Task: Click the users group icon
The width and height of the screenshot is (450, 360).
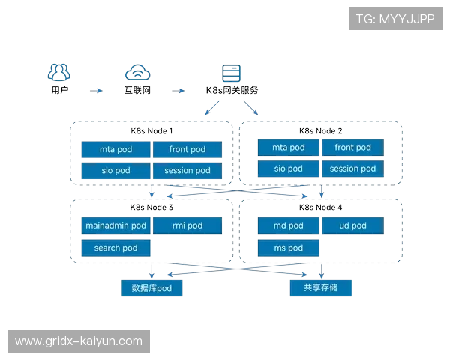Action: tap(59, 72)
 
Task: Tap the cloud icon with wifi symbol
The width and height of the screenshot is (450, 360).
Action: tap(138, 72)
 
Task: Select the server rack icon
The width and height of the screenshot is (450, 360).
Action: tap(233, 72)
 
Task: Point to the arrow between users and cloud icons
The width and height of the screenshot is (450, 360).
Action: tap(98, 91)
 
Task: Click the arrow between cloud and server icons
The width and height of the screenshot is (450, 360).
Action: tap(180, 91)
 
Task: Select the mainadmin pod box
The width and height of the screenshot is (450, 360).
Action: tap(115, 226)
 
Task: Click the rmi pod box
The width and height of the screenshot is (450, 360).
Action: tap(187, 226)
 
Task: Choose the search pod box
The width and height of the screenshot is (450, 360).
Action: tap(115, 247)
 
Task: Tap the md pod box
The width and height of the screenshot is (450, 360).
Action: tap(288, 226)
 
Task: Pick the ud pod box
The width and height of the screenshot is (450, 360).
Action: tap(352, 226)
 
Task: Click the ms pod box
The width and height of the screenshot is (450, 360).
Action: tap(288, 247)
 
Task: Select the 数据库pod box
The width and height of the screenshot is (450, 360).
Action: tap(151, 287)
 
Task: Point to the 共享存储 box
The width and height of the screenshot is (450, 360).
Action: tap(321, 287)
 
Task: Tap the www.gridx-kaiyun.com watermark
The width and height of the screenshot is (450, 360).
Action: tap(78, 341)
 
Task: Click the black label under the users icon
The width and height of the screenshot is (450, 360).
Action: tap(60, 90)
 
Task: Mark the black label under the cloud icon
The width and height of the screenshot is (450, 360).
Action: tap(138, 90)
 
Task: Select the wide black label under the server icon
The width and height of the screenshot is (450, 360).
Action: tap(234, 90)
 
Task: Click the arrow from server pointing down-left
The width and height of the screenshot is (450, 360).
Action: tap(211, 111)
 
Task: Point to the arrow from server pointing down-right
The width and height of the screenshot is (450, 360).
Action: tap(254, 111)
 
